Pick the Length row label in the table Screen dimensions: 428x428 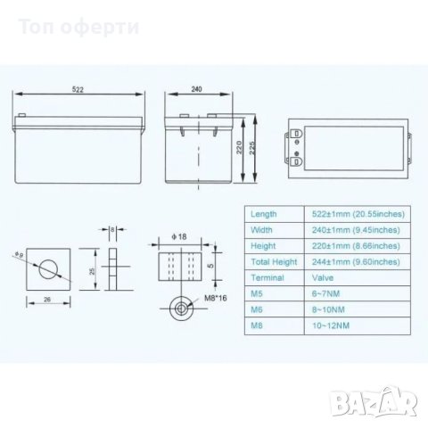point(264,214)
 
